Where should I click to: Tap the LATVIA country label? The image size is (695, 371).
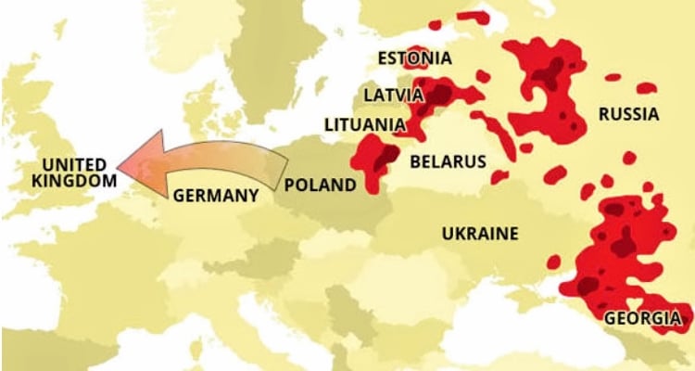[393, 95]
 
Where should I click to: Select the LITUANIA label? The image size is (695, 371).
[364, 124]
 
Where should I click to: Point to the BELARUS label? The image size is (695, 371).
[448, 161]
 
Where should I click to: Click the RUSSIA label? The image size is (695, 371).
[628, 115]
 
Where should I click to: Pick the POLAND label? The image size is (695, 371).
[320, 185]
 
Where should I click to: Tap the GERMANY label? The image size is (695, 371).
[215, 196]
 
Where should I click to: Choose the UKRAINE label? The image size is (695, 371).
[479, 233]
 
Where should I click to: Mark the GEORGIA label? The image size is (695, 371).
[642, 318]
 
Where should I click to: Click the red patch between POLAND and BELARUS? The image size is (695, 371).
[378, 160]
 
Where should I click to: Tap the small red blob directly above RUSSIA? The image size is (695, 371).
[647, 88]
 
